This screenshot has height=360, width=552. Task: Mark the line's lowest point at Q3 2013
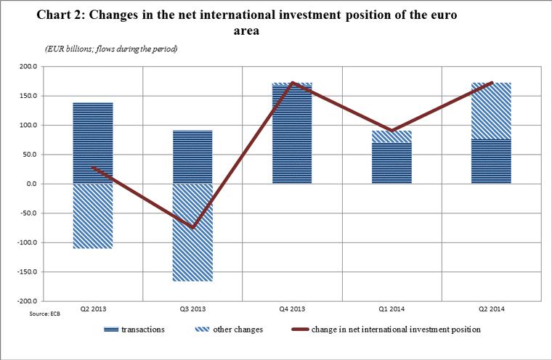[x=193, y=228]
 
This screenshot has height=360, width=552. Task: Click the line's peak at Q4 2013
[x=292, y=82]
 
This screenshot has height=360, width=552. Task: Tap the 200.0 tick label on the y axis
[x=28, y=66]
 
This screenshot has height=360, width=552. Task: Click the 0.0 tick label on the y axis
[x=31, y=184]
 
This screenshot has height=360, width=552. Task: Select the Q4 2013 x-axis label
[x=292, y=308]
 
